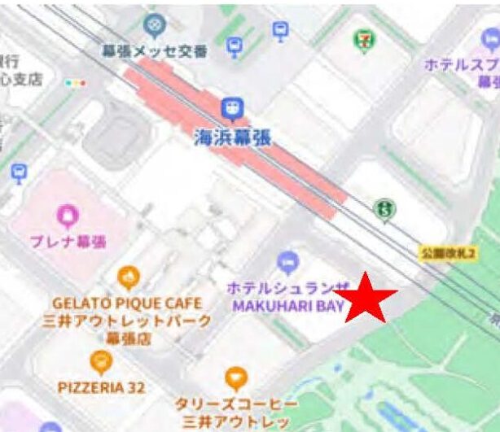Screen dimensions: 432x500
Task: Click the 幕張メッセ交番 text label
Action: [x=154, y=51]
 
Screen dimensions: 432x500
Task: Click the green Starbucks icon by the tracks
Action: [x=384, y=211]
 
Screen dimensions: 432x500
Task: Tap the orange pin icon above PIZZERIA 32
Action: [x=100, y=362]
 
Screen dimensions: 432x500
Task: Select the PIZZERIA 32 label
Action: [x=102, y=388]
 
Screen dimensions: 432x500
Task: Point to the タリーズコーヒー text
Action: [x=235, y=404]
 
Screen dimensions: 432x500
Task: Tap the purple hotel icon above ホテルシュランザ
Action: [x=287, y=263]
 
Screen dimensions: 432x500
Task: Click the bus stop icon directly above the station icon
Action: [x=235, y=46]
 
